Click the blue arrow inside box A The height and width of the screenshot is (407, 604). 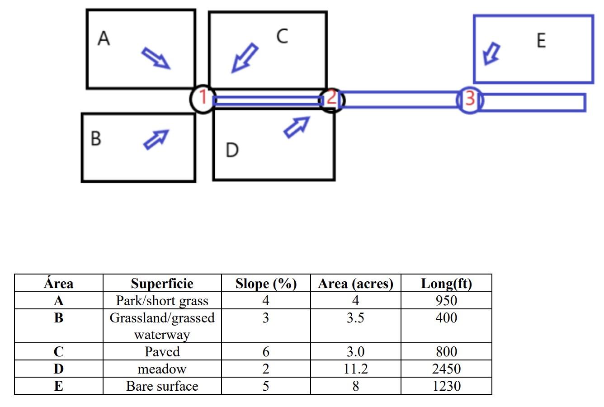156,59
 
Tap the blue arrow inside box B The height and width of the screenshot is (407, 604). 156,139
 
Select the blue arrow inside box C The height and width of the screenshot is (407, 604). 245,58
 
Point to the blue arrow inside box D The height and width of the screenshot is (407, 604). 297,127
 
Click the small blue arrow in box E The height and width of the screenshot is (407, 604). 491,53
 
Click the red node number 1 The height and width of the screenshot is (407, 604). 203,97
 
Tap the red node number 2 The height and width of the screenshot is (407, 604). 331,98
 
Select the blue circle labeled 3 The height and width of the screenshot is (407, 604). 470,99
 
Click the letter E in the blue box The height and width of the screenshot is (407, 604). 541,41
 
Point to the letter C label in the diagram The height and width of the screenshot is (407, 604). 282,36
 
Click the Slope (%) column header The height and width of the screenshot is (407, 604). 266,284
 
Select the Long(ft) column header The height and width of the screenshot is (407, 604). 446,284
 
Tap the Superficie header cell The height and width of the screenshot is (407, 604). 162,284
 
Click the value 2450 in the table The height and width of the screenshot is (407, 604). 446,369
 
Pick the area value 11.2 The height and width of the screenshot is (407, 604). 355,369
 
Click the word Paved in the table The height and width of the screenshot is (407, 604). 162,352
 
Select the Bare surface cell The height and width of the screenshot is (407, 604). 162,386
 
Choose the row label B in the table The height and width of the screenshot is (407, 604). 59,318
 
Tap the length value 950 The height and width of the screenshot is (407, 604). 446,301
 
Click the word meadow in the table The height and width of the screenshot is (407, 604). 162,369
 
